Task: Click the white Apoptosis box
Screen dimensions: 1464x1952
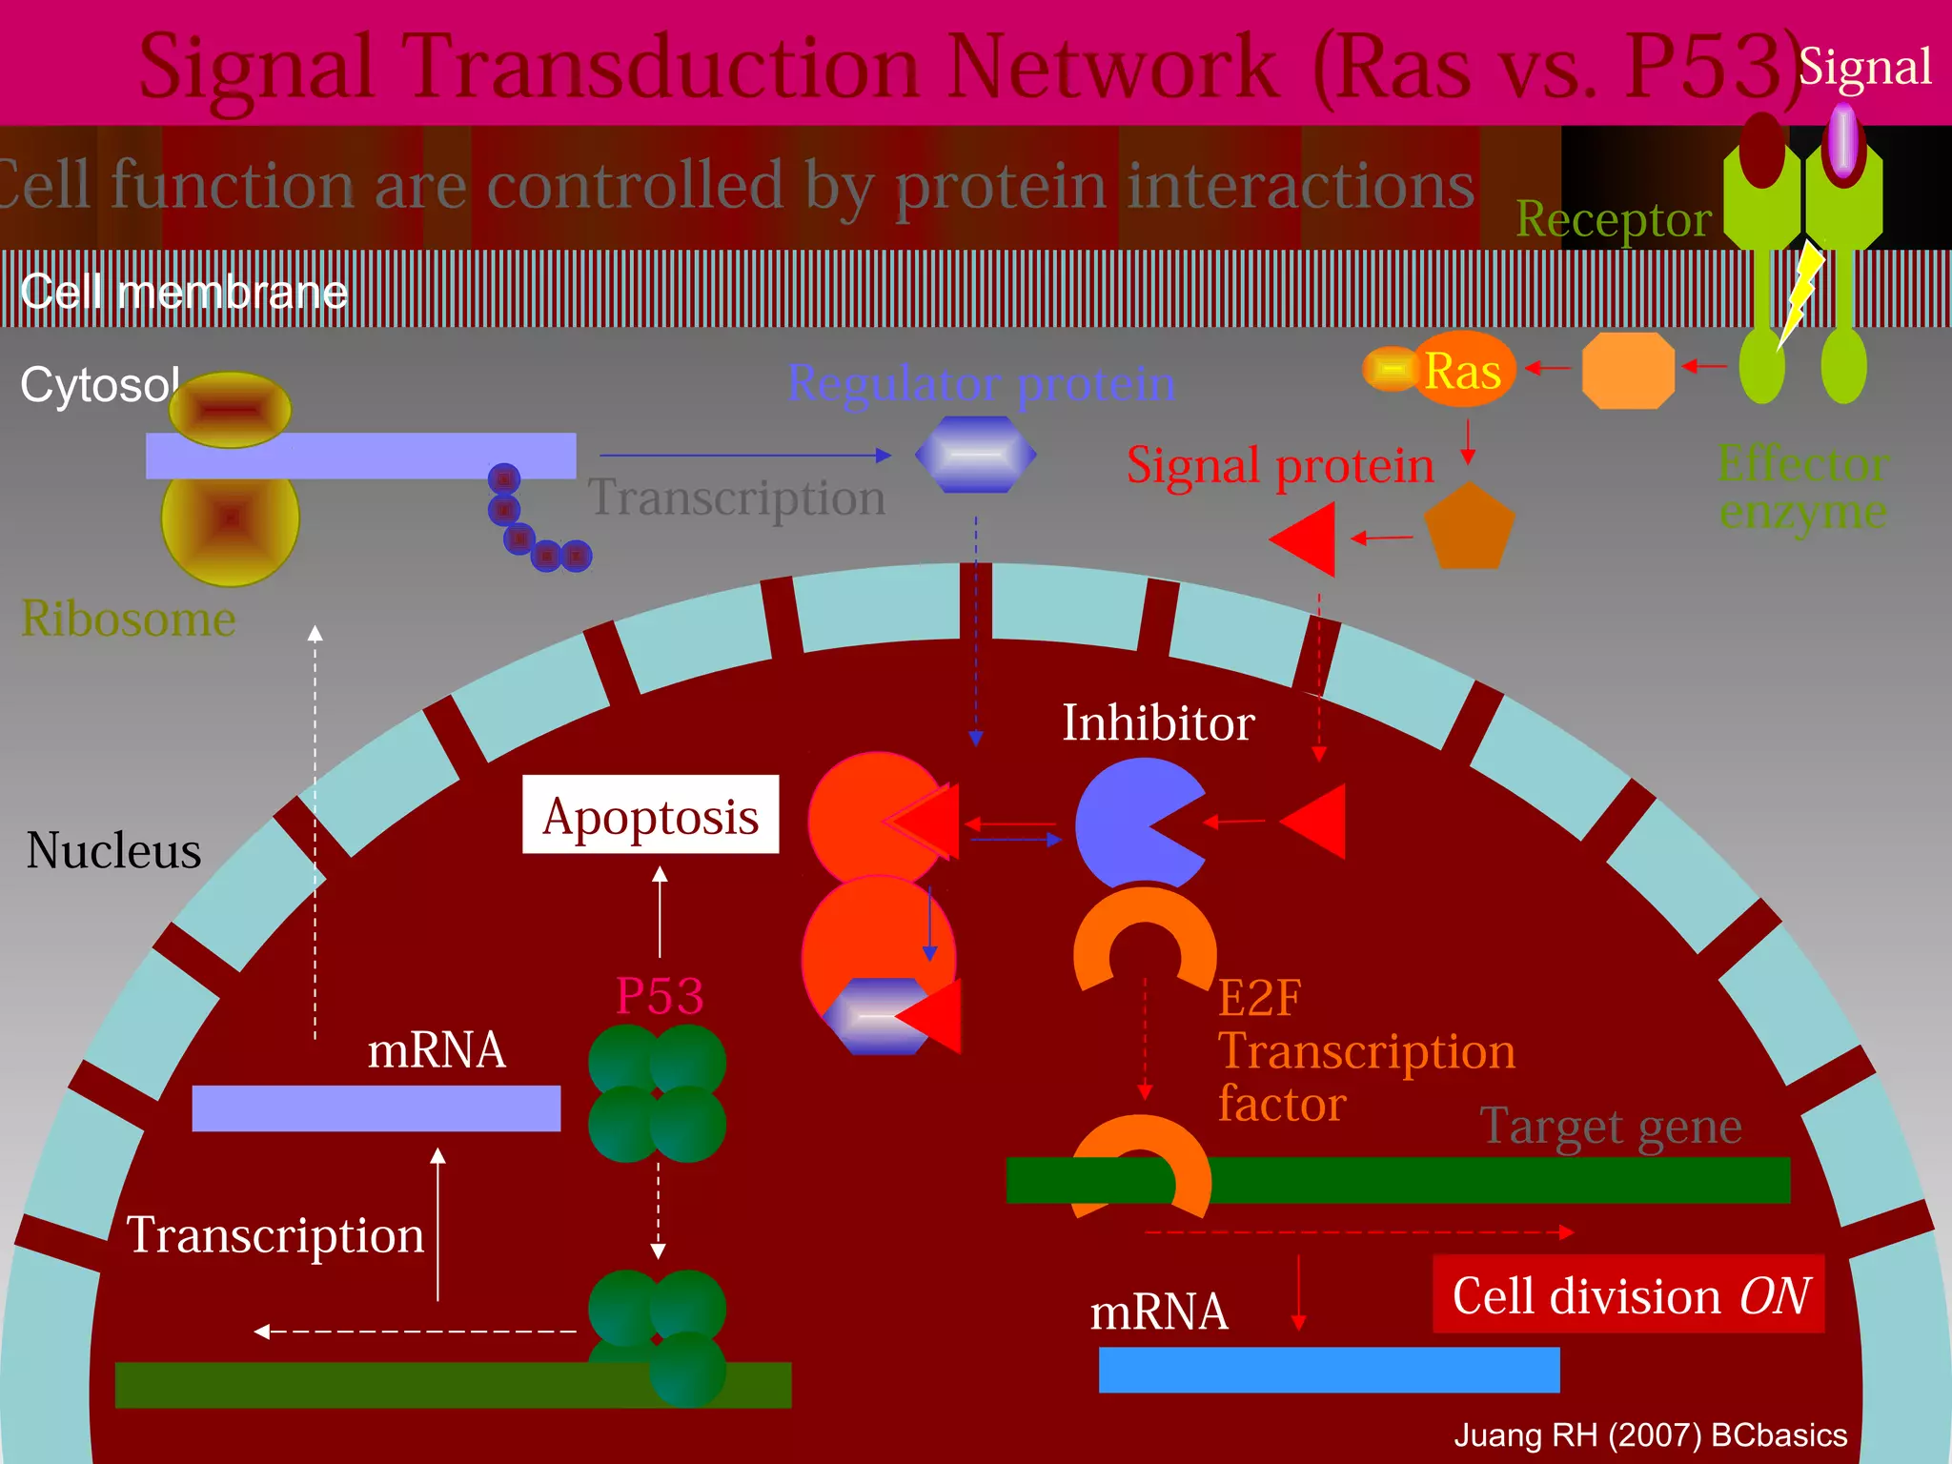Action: click(x=650, y=815)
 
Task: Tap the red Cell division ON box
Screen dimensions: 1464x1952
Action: click(x=1628, y=1294)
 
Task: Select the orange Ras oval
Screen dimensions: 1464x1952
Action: click(x=1463, y=370)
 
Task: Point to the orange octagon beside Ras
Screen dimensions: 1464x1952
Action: click(x=1628, y=370)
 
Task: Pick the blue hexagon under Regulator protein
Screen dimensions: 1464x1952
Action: click(x=975, y=455)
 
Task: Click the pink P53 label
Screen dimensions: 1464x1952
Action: click(x=660, y=996)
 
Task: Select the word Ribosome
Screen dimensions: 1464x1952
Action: click(x=128, y=619)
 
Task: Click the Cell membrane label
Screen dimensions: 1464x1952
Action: click(x=183, y=292)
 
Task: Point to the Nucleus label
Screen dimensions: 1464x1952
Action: click(x=113, y=850)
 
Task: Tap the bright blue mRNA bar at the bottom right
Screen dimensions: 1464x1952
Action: click(x=1329, y=1370)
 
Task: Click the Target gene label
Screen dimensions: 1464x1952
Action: click(x=1611, y=1126)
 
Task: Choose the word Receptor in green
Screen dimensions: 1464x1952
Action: click(x=1614, y=219)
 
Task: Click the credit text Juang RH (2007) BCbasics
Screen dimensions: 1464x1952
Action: click(x=1650, y=1434)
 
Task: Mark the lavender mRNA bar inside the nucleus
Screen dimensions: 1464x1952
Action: click(x=376, y=1108)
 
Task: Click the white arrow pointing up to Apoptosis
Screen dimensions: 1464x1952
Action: click(x=660, y=910)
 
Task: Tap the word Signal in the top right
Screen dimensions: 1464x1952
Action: click(x=1864, y=67)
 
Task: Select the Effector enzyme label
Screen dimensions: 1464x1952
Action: click(x=1802, y=488)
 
